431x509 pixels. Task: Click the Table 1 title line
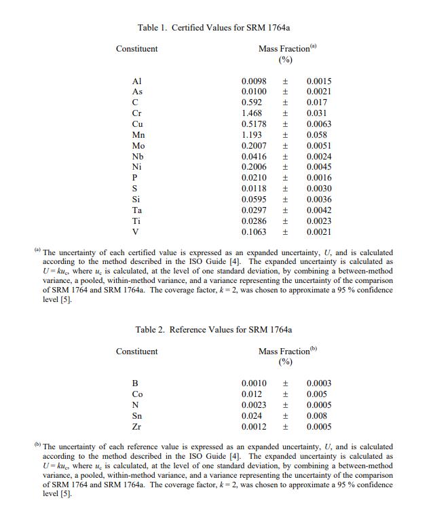218,28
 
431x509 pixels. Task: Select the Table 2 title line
214,330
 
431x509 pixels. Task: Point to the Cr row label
136,113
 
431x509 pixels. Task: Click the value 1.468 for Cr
252,113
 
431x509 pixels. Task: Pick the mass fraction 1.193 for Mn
252,135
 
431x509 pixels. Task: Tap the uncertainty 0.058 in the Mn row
317,135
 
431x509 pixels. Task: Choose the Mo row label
138,146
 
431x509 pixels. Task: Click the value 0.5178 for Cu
254,124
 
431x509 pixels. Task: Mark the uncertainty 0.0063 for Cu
319,124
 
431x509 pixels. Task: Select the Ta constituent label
137,210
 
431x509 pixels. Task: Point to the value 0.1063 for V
254,232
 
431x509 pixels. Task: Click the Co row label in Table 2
137,394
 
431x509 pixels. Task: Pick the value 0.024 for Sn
252,416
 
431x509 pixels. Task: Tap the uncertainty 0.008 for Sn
317,416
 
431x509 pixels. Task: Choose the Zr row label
136,427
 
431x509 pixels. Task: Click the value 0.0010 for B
254,383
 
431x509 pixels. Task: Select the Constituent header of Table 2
136,352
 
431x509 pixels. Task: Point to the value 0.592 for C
252,102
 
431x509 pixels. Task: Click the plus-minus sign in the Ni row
286,167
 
